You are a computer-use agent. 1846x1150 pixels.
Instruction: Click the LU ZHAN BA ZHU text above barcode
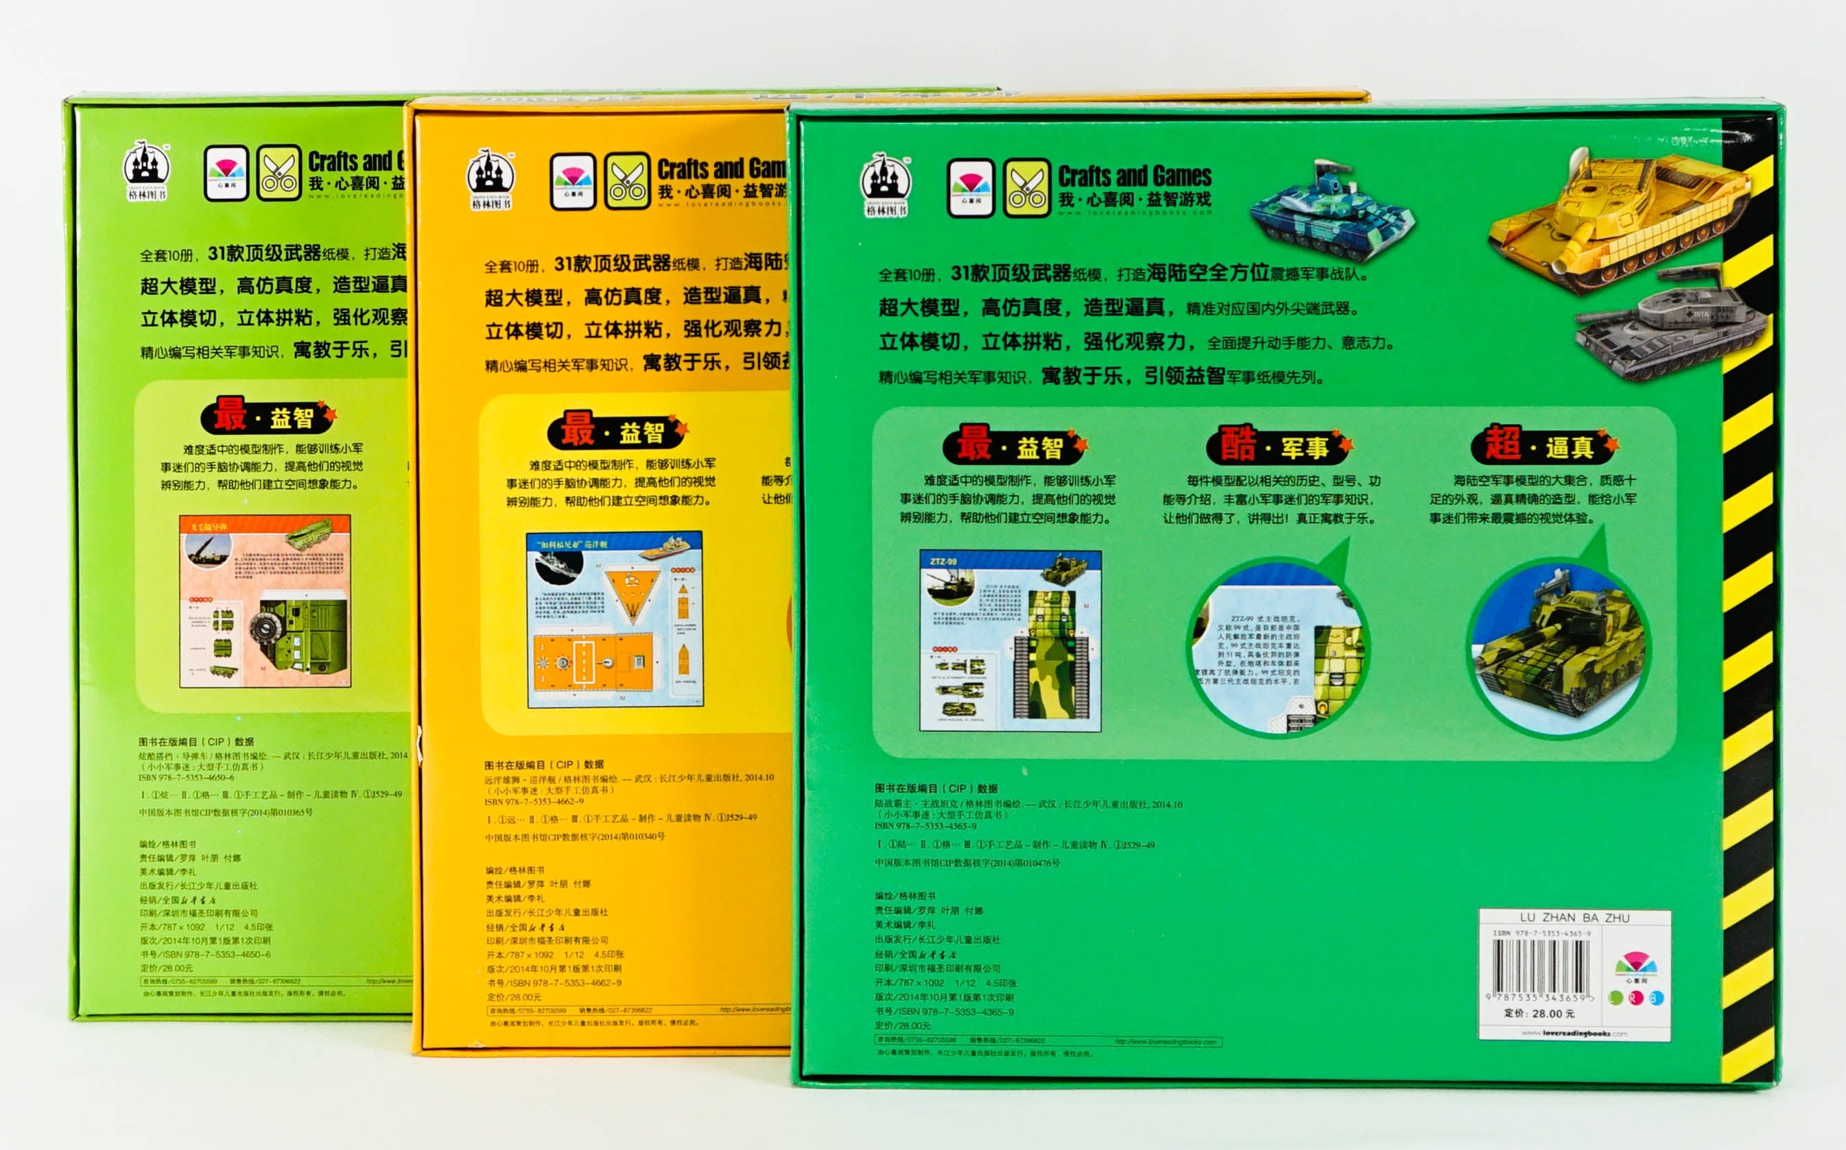coord(1574,918)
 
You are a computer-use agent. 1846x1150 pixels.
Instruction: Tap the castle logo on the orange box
coord(490,179)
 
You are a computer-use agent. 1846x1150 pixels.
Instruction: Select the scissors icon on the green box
coord(1026,188)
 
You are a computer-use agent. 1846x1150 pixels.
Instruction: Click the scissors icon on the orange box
coord(627,181)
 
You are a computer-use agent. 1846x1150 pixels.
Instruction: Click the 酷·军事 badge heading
coord(1278,445)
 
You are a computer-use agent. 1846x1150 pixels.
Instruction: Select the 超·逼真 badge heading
coord(1543,444)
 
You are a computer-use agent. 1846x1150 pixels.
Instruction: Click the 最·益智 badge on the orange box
coord(615,431)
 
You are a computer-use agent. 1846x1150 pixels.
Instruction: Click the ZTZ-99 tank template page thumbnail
coord(1010,640)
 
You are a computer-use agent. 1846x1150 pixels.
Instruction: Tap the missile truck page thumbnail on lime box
coord(265,601)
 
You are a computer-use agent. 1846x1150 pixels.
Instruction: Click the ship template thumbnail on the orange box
coord(615,619)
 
